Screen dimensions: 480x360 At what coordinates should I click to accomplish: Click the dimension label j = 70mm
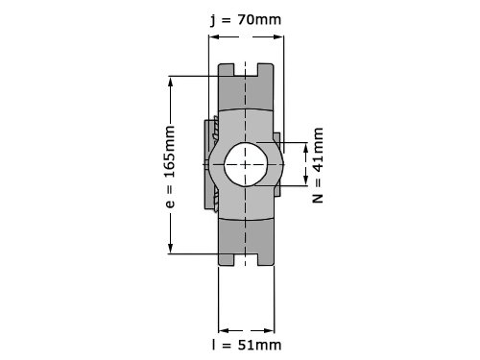pos(246,20)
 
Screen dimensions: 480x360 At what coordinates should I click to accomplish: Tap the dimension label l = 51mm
pos(247,345)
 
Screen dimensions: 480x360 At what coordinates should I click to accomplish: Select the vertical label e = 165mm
pos(170,167)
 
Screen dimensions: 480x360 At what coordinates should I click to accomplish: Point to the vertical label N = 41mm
pos(318,165)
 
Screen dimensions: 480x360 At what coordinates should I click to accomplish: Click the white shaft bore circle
pos(246,164)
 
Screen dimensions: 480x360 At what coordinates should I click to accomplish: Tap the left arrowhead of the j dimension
pos(213,36)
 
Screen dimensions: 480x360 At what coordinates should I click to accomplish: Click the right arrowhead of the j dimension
pos(278,36)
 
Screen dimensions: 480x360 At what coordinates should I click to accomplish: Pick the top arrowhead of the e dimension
pos(170,81)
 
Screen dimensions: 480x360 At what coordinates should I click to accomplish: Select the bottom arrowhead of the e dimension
pos(170,249)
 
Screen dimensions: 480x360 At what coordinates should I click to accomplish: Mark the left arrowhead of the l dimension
pos(224,330)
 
